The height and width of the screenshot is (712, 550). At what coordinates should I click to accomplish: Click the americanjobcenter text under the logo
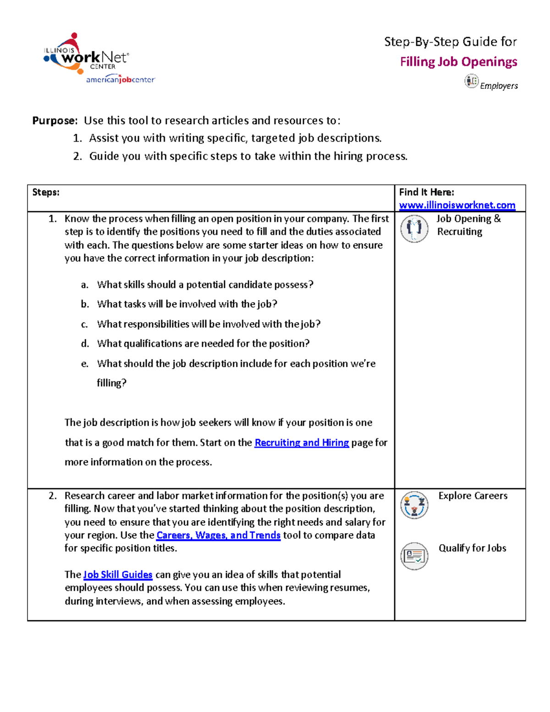(121, 80)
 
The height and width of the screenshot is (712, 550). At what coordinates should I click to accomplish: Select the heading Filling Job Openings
(458, 62)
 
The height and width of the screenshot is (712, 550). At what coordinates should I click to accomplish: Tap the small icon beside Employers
(471, 82)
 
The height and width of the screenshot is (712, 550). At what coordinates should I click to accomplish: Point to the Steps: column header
(46, 193)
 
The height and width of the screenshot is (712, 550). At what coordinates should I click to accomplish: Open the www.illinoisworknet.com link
(457, 205)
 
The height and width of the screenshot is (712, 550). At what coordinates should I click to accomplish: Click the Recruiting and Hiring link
(302, 442)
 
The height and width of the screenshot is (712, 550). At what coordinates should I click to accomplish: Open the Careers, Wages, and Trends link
(218, 535)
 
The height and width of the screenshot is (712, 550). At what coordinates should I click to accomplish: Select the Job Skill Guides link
(118, 574)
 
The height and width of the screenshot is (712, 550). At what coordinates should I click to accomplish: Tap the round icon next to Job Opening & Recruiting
(414, 228)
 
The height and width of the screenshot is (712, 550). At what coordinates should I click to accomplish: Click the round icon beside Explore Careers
(414, 505)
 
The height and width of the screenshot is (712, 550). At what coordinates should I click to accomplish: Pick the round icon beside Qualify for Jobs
(414, 556)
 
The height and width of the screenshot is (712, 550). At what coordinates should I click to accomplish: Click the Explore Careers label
(473, 496)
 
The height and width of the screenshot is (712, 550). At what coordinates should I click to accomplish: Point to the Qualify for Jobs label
(472, 548)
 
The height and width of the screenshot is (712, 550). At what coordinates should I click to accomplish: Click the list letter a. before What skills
(84, 285)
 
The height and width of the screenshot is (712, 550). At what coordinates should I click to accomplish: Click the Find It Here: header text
(426, 193)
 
